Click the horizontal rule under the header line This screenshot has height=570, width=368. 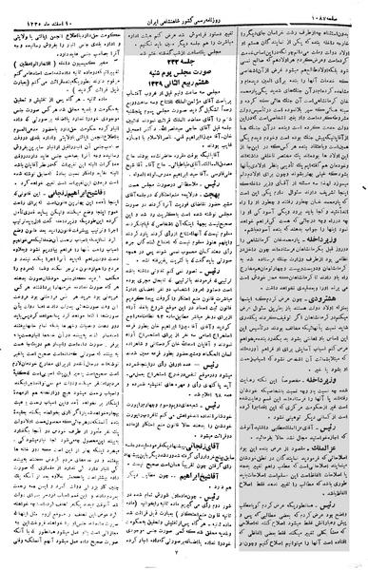[184, 16]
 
